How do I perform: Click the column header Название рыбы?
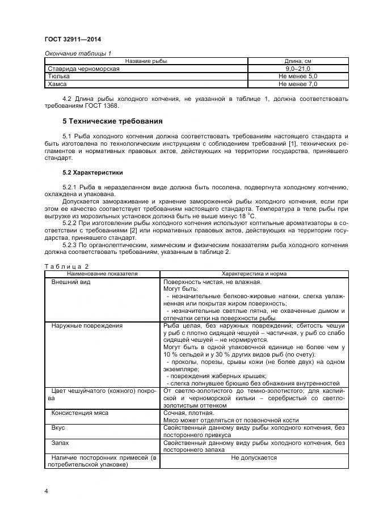click(x=146, y=61)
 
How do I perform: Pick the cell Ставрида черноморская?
click(x=83, y=69)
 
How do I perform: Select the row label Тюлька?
click(x=59, y=76)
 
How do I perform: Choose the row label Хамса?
click(x=57, y=84)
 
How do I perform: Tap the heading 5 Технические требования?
click(x=112, y=121)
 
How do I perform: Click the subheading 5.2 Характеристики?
click(x=92, y=172)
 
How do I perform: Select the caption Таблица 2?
click(x=66, y=266)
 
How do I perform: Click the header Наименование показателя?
click(x=102, y=274)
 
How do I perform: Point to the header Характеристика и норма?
click(x=254, y=274)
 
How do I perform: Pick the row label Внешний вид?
click(x=71, y=282)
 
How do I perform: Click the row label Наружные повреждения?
click(x=87, y=326)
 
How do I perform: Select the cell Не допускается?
click(x=254, y=457)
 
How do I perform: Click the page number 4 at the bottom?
click(x=46, y=491)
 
